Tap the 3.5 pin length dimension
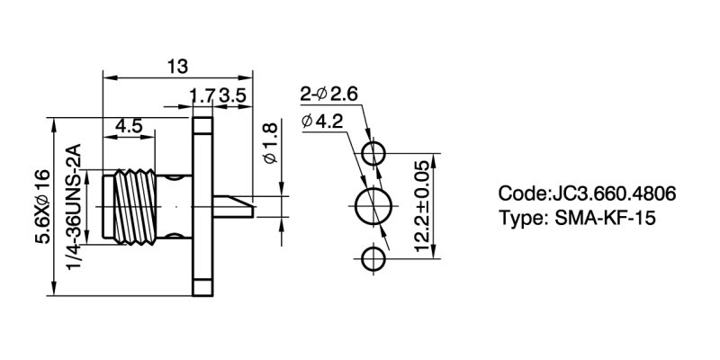click(x=231, y=94)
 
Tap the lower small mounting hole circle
click(x=373, y=261)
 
